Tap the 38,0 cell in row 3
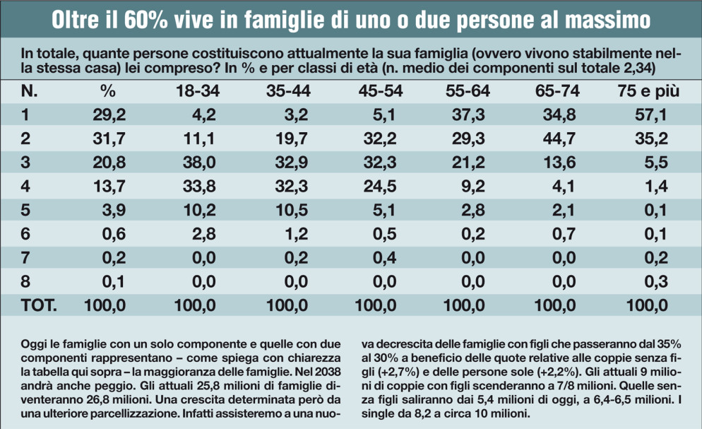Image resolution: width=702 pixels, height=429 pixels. pos(200,163)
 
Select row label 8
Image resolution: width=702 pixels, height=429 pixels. pos(26,282)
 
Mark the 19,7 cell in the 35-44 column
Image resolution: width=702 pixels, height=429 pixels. pos(288,139)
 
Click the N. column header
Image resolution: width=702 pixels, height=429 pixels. pos(30,91)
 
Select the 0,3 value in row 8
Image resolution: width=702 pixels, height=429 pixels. pos(656,282)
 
